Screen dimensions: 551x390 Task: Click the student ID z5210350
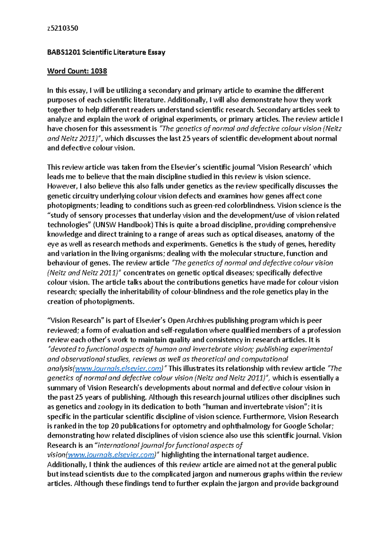62,28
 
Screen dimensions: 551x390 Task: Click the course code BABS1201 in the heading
63,52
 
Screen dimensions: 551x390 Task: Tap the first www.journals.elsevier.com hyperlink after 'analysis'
118,369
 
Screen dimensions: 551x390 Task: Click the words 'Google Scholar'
307,426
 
